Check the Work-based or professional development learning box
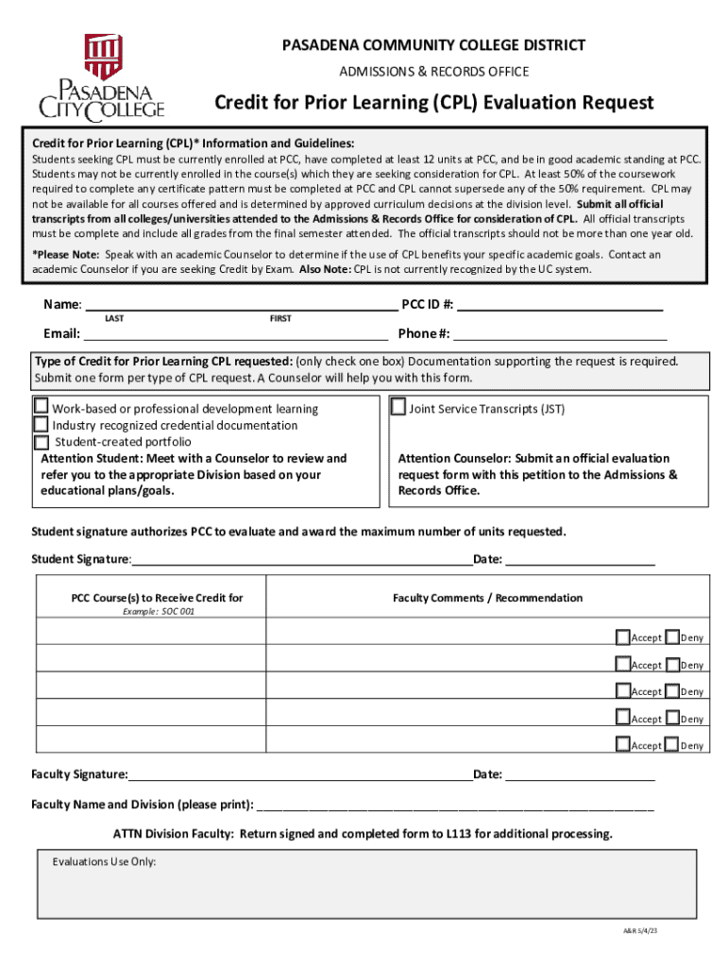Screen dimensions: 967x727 (42, 407)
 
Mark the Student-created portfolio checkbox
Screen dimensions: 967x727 (42, 441)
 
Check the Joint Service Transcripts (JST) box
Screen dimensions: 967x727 (397, 407)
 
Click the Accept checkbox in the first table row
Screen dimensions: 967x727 (622, 636)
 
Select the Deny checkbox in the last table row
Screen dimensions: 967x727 (671, 744)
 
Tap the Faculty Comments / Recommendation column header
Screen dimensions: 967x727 (487, 598)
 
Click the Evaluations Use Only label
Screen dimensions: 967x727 (104, 862)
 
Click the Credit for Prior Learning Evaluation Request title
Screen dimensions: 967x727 (433, 102)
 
